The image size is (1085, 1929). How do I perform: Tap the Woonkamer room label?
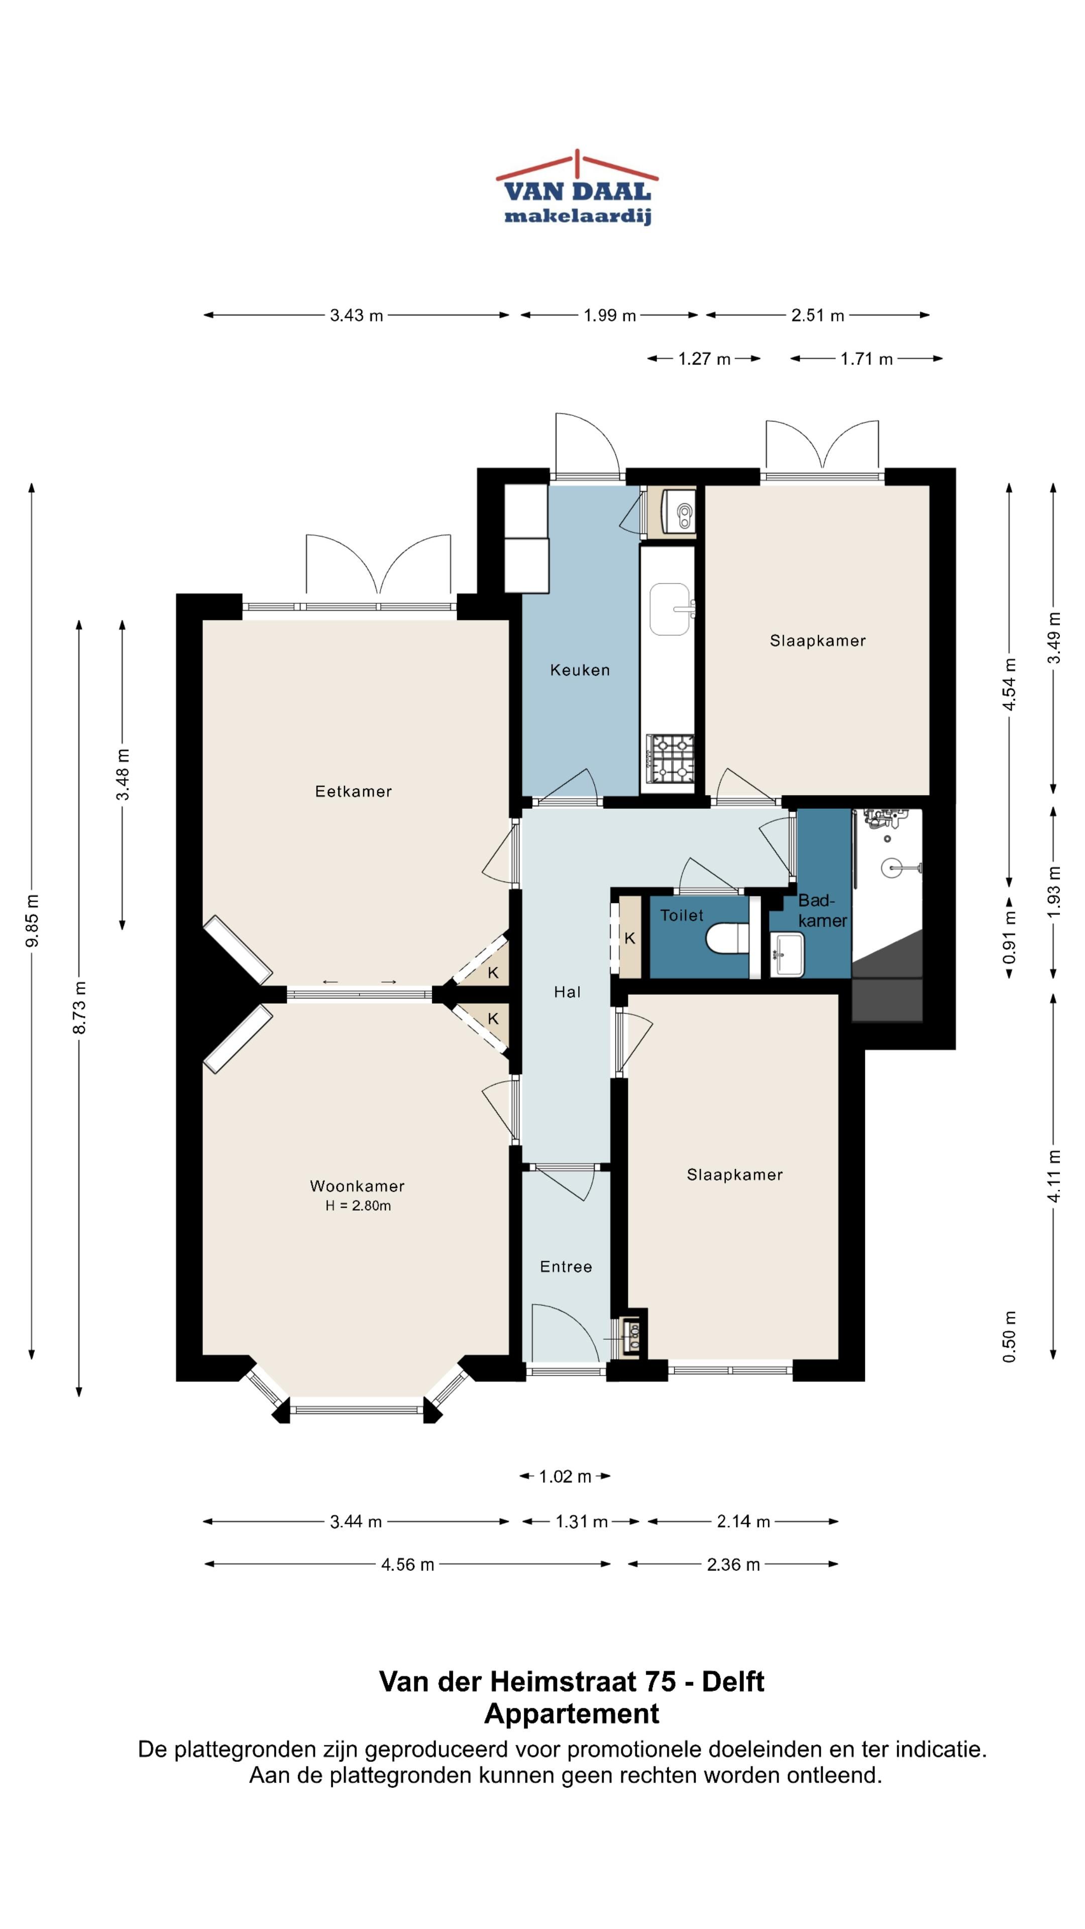pyautogui.click(x=357, y=1186)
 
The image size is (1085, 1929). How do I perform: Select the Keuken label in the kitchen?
pyautogui.click(x=580, y=670)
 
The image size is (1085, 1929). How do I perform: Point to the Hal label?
pyautogui.click(x=567, y=992)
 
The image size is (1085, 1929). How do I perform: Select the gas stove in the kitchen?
pyautogui.click(x=671, y=760)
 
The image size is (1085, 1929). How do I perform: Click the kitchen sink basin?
pyautogui.click(x=670, y=609)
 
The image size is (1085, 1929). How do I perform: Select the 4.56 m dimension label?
pyautogui.click(x=407, y=1564)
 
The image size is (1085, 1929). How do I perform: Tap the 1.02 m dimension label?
pyautogui.click(x=565, y=1476)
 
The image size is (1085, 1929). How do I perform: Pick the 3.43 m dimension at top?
pyautogui.click(x=357, y=315)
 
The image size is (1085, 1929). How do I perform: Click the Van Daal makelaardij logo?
pyautogui.click(x=577, y=188)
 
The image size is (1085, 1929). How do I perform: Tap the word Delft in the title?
pyautogui.click(x=732, y=1681)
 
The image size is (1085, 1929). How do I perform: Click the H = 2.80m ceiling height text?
pyautogui.click(x=358, y=1206)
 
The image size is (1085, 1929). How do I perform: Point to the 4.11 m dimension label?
pyautogui.click(x=1053, y=1175)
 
